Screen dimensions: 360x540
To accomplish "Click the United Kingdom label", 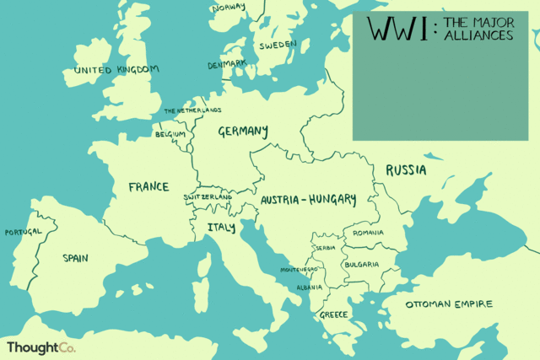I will coord(116,70).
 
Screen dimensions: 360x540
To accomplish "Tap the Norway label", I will coord(229,8).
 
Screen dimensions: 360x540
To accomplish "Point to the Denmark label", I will coord(227,64).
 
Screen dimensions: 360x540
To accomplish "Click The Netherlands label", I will coord(192,110).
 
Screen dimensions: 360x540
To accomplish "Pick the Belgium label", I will coord(170,134).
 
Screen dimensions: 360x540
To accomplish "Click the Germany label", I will coord(243,132).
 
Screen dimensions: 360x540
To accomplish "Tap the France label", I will coord(148,186).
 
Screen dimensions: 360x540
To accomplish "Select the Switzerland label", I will coord(208,197).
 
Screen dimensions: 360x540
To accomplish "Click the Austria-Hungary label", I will coord(308,201).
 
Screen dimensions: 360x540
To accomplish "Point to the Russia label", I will coord(406,170).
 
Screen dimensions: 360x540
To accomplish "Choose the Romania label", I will coord(369,233).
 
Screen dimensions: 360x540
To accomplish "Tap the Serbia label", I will coord(326,249).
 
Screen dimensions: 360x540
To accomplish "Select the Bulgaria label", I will coord(362,265).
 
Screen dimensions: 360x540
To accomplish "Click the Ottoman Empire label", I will coord(448,304).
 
